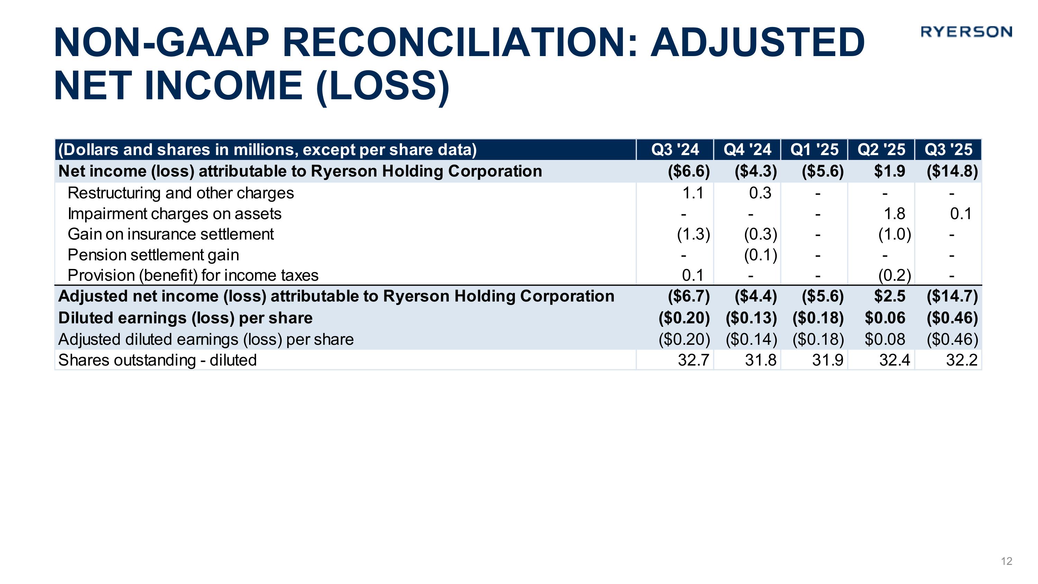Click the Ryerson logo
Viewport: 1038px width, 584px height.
[x=966, y=32]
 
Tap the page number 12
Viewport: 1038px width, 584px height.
[x=1006, y=561]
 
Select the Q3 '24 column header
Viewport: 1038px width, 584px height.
[x=675, y=150]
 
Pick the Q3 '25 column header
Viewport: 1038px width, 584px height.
[x=948, y=150]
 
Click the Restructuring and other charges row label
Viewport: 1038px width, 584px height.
[x=181, y=193]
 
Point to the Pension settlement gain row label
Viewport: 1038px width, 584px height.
[x=153, y=255]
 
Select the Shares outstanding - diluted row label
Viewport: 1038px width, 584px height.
[x=157, y=360]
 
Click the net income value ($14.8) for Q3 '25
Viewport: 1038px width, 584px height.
[x=952, y=171]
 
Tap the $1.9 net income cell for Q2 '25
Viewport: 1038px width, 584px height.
[x=889, y=171]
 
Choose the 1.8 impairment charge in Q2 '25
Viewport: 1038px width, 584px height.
[x=894, y=214]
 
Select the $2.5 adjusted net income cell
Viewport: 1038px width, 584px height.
[x=889, y=297]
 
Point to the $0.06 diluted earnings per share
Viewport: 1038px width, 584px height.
[x=885, y=318]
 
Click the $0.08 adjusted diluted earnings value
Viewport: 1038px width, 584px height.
[x=885, y=339]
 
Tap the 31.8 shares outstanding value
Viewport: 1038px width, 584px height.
[x=761, y=360]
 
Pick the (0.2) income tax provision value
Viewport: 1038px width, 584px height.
[x=894, y=276]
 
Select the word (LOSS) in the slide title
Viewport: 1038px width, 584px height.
[x=383, y=86]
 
